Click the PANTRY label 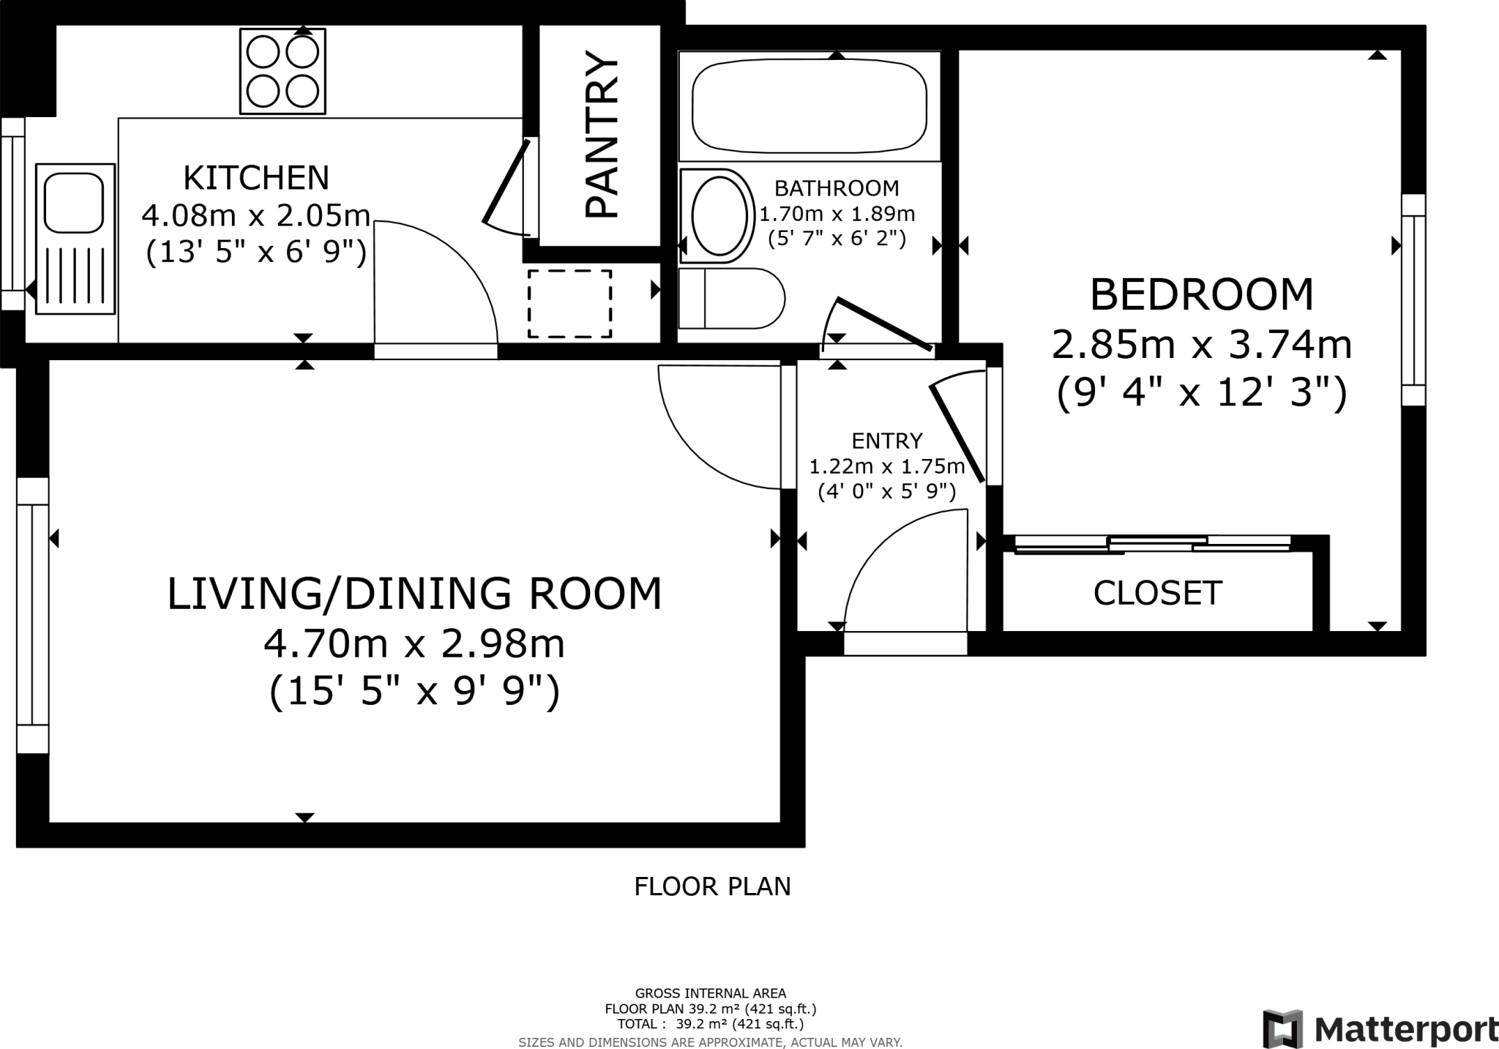point(602,135)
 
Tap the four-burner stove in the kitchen point(283,72)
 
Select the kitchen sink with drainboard point(75,239)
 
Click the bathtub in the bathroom point(809,106)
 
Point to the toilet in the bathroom point(732,299)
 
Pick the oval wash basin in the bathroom point(717,216)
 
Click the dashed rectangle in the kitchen point(569,304)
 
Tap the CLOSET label point(1157,593)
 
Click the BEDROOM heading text point(1202,295)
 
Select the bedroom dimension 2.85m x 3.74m point(1202,345)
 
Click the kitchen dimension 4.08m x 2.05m point(255,216)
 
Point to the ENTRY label point(887,441)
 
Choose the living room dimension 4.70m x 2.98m point(414,644)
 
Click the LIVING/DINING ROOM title point(414,594)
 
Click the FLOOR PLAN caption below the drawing point(712,886)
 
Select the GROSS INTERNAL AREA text point(711,993)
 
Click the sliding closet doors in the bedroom point(1152,545)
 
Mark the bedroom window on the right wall point(1413,300)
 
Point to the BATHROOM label point(837,189)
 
